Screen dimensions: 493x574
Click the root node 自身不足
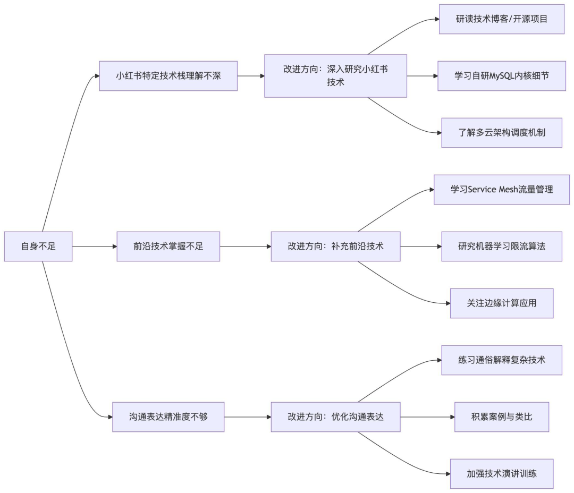coord(38,246)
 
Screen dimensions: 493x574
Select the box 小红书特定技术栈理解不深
coord(168,76)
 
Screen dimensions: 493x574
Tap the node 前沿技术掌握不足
coord(168,246)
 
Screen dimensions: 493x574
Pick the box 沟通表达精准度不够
coord(168,417)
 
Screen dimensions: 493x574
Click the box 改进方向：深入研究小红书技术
coord(335,76)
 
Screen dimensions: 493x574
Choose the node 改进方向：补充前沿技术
coord(335,246)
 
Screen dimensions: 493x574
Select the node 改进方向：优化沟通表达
coord(335,417)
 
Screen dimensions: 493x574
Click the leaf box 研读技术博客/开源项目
coord(501,19)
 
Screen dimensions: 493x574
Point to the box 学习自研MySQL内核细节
coord(501,76)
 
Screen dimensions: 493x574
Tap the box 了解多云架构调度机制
coord(501,133)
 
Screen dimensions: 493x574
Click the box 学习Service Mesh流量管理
coord(501,190)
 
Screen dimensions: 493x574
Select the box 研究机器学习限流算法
coord(501,246)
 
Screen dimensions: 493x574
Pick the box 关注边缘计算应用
coord(501,303)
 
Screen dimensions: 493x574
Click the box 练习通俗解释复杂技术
coord(501,360)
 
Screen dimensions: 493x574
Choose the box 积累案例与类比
coord(501,417)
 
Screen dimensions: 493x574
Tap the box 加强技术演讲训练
coord(501,474)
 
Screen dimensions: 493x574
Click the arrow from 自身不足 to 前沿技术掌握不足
coord(94,246)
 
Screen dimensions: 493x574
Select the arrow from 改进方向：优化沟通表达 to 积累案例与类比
coord(427,417)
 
